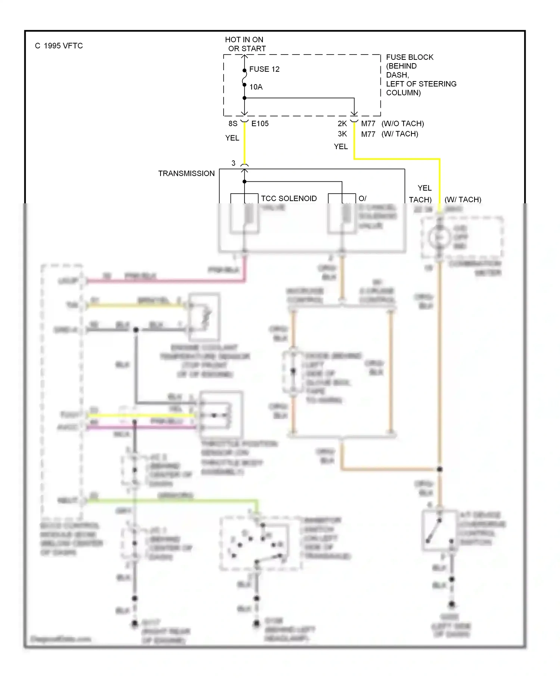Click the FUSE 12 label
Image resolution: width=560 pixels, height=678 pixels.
[264, 69]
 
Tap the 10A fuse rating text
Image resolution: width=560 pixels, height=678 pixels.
[256, 87]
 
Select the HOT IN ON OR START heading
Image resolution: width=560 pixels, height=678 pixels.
[245, 44]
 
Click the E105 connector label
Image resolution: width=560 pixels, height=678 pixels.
[260, 124]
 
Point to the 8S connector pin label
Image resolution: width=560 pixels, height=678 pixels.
[233, 124]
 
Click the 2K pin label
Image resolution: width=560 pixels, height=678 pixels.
[342, 124]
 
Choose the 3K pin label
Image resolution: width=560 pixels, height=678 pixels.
[342, 134]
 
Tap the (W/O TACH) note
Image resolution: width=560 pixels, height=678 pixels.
[402, 124]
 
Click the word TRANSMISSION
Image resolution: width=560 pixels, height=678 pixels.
[186, 173]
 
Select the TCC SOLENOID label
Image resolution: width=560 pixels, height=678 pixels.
[289, 198]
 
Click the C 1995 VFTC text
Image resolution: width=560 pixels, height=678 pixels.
[59, 46]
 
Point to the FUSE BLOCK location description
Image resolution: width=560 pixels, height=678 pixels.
[420, 75]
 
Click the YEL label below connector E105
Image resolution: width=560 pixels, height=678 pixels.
[232, 138]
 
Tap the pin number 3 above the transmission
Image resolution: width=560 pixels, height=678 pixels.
[233, 163]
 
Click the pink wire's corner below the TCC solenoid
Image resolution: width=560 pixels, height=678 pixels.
[245, 280]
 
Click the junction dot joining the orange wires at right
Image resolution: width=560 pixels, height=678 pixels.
[439, 469]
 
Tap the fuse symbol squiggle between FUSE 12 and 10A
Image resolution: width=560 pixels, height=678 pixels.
[244, 78]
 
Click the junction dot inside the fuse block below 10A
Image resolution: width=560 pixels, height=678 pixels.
[245, 98]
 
